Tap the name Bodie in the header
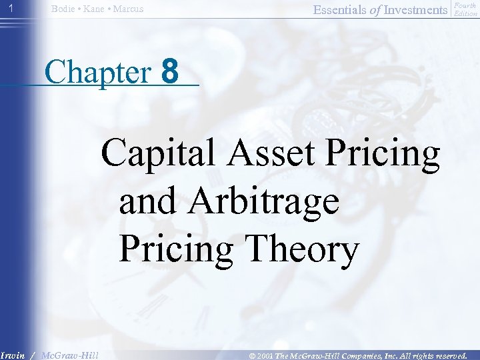63,9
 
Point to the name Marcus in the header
129,9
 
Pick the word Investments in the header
415,9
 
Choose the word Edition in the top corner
465,13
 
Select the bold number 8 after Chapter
171,71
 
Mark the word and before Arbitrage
148,201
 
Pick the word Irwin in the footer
13,355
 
